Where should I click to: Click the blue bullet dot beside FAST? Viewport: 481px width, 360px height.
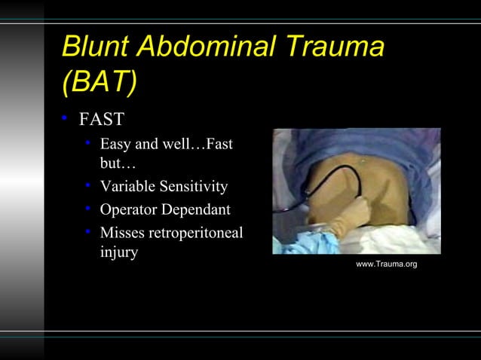coord(66,119)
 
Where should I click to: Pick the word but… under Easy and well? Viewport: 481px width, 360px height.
coord(115,162)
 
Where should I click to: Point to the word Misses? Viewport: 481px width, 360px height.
coord(122,233)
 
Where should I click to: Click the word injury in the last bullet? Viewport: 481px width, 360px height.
coord(118,252)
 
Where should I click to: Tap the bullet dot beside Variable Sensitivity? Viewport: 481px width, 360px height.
coord(89,185)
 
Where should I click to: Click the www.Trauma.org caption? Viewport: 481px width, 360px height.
coord(386,264)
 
